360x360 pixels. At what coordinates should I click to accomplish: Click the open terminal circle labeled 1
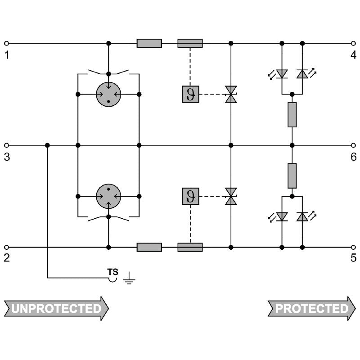tap(7, 43)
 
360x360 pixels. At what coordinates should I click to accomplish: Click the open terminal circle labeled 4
tap(353, 43)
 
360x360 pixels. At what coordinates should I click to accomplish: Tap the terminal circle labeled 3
tap(7, 145)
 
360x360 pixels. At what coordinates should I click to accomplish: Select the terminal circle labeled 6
tap(353, 145)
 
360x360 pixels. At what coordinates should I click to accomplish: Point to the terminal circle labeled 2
tap(7, 247)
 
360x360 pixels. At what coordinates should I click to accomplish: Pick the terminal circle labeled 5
tap(353, 247)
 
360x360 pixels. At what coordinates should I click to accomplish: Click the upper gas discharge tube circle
tap(108, 94)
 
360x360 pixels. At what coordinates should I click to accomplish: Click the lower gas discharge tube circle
tap(108, 196)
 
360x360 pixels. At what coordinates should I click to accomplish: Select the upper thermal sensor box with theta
tap(190, 94)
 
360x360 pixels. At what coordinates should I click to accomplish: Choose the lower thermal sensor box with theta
tap(190, 196)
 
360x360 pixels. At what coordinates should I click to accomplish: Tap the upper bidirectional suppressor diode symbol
tap(231, 94)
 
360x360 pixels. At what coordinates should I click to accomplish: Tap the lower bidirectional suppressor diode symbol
tap(231, 196)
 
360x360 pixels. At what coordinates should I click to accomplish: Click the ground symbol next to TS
tap(129, 278)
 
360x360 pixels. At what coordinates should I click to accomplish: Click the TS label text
tap(113, 272)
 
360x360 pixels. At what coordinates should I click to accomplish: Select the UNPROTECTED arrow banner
tap(56, 308)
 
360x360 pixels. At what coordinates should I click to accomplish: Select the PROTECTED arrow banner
tap(312, 308)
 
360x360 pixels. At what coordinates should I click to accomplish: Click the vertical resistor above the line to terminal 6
tap(292, 115)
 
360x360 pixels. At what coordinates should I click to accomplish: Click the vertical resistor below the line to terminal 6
tap(292, 176)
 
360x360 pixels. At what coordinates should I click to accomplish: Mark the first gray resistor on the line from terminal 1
tap(149, 43)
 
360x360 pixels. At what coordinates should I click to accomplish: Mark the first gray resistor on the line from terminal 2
tap(149, 247)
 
